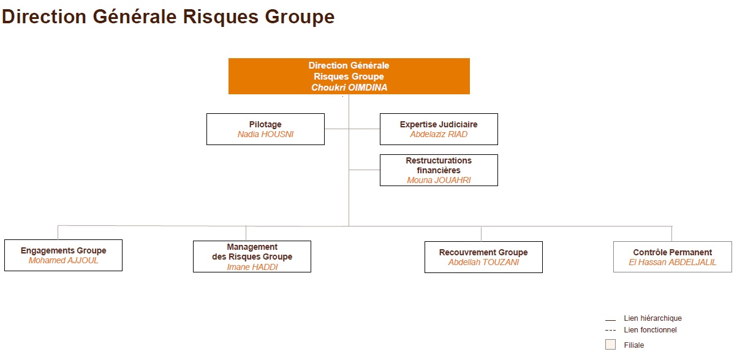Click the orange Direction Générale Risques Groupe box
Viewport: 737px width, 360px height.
pos(349,77)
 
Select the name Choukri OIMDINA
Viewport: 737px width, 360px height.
pos(349,88)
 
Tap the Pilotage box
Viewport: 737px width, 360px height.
pos(265,129)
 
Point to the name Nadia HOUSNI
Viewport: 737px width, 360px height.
pos(265,134)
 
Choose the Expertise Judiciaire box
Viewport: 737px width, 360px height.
pos(439,129)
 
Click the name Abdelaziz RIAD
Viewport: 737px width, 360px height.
pos(439,134)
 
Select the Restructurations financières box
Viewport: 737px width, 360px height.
pos(439,170)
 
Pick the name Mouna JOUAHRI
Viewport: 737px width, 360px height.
pos(439,180)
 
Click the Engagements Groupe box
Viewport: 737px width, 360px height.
pos(64,255)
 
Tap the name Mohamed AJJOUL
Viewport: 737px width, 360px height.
pos(64,260)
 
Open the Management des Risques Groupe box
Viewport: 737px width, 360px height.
pos(252,257)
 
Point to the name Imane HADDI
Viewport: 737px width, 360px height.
pos(252,267)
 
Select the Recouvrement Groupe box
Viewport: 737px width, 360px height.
pos(483,257)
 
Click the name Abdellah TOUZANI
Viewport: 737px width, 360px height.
pos(483,262)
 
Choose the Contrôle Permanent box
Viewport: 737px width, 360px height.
pos(673,257)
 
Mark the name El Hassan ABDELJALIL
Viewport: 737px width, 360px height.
pos(673,262)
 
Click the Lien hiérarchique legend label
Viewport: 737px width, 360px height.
pos(653,318)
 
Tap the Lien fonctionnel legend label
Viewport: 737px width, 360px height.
pos(650,330)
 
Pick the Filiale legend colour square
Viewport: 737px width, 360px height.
pos(610,345)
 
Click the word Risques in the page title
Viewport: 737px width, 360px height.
pos(221,17)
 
